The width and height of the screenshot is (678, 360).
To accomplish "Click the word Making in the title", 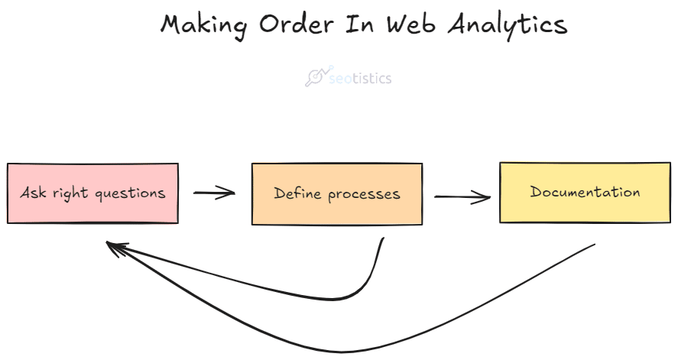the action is [x=203, y=24].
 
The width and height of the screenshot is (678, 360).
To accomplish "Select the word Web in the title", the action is [x=410, y=24].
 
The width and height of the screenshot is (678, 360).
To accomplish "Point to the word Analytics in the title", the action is [x=508, y=25].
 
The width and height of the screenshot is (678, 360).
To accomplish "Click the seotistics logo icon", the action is [x=319, y=76].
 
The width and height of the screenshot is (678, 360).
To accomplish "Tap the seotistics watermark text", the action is [x=360, y=78].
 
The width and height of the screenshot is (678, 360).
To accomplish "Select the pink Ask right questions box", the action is [x=92, y=193].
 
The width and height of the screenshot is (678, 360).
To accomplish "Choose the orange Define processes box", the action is [x=337, y=194].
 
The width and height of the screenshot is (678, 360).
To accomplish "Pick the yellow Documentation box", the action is [x=585, y=193].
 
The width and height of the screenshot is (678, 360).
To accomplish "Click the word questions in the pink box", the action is [x=130, y=194].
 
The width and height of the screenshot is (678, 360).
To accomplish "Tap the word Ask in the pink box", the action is [x=34, y=192].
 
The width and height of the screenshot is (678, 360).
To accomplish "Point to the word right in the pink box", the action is [x=70, y=194].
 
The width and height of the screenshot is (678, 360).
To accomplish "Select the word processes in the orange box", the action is [x=364, y=195].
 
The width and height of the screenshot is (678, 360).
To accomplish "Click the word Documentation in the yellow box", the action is [x=585, y=191].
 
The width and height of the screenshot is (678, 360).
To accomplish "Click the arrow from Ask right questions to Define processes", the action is [x=214, y=193].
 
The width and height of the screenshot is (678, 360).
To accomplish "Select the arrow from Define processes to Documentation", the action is [x=462, y=197].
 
